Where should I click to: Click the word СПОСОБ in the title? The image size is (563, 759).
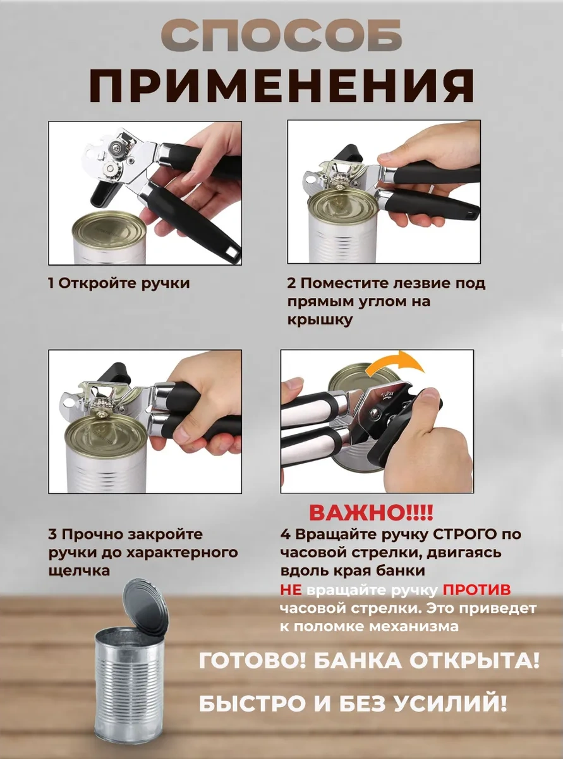click(282, 40)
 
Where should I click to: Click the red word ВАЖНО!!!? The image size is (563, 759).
click(372, 512)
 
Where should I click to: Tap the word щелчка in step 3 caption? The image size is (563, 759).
click(79, 571)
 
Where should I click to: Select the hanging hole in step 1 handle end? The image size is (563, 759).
click(233, 254)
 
